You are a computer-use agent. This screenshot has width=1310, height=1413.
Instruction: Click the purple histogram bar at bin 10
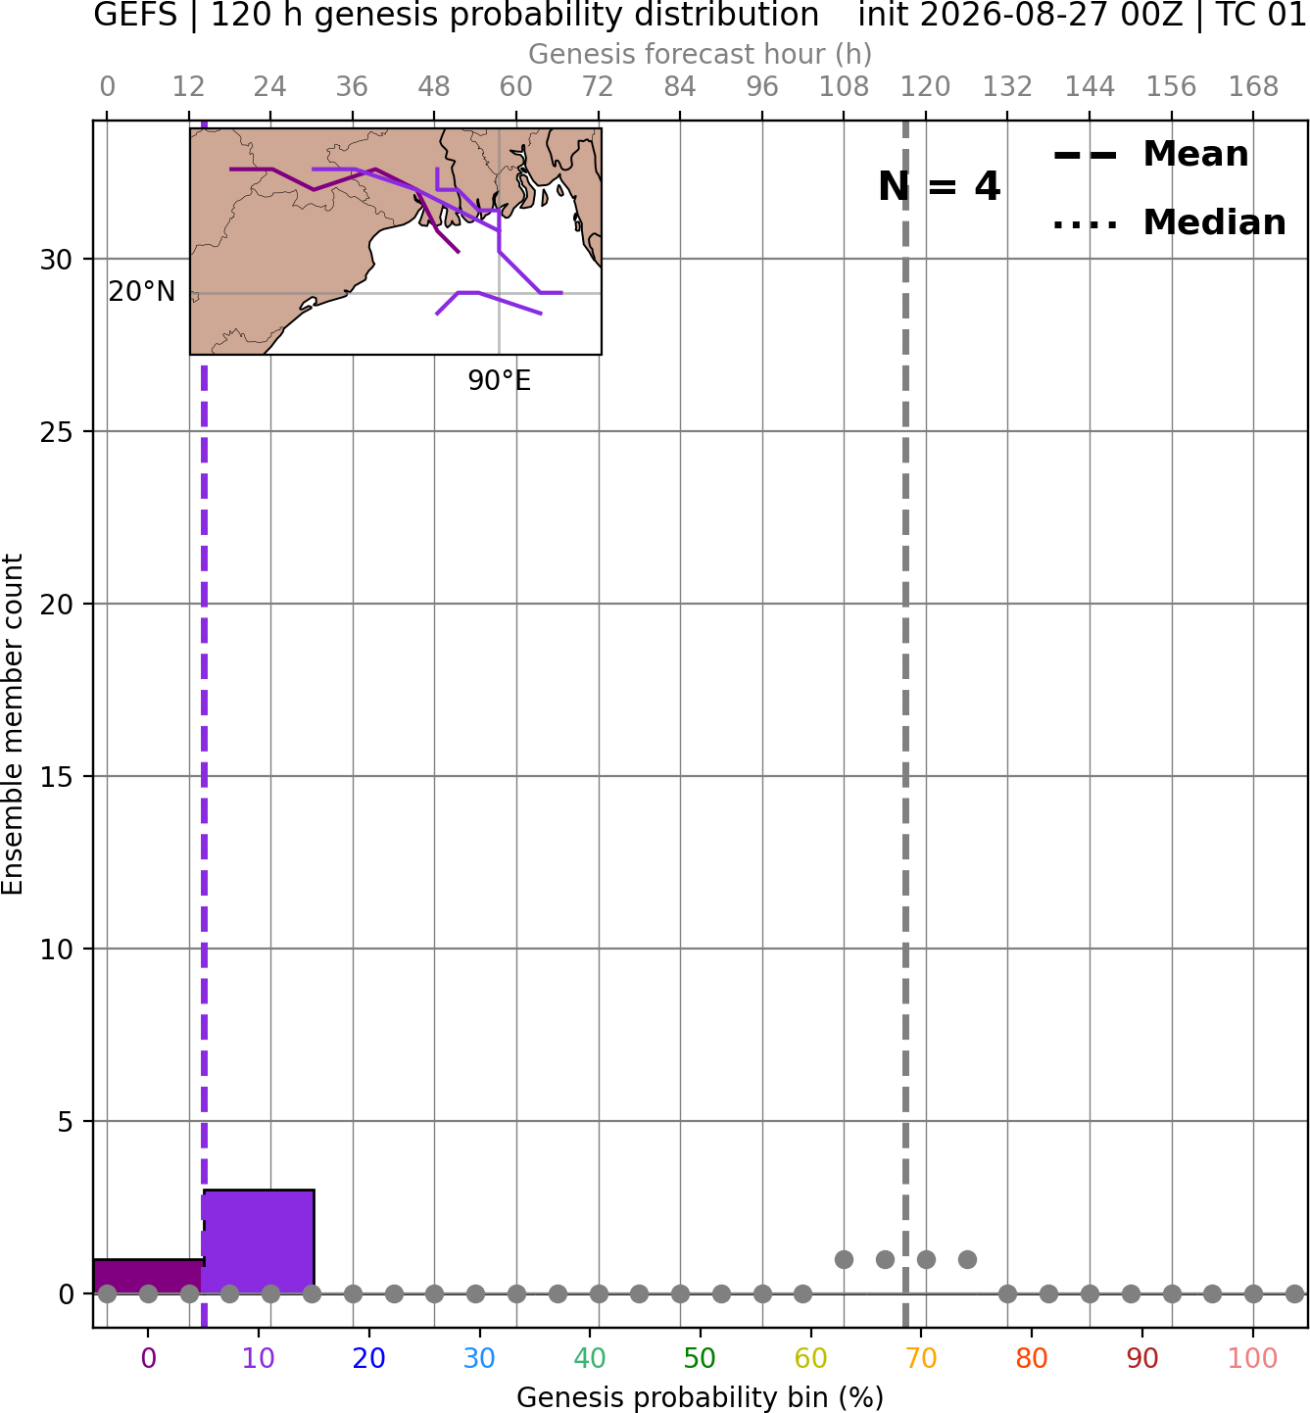[259, 1242]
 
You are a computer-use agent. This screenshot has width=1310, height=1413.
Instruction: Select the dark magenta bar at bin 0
[148, 1277]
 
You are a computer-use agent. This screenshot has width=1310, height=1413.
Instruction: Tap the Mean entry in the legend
[1150, 155]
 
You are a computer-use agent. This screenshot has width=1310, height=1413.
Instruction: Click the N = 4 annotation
[940, 187]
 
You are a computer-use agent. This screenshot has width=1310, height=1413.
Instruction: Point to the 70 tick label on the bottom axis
[921, 1358]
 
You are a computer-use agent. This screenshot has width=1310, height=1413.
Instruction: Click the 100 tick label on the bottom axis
[1252, 1358]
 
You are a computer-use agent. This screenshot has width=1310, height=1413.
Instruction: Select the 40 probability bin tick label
[589, 1358]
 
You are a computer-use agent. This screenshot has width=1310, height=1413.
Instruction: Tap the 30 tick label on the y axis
[56, 260]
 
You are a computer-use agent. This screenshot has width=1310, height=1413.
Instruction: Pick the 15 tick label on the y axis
[56, 777]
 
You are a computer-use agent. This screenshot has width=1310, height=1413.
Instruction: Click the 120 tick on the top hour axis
[925, 87]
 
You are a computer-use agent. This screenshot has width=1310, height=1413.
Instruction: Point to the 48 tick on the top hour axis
[434, 87]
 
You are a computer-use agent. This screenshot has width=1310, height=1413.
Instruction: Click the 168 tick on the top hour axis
[1253, 87]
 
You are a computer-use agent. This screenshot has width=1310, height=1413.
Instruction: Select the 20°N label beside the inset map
[142, 292]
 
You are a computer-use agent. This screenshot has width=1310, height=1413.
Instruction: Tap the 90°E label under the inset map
[499, 381]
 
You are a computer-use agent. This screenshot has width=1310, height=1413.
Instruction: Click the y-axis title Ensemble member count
[13, 724]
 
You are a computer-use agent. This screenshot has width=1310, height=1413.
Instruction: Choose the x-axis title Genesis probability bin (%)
[701, 1397]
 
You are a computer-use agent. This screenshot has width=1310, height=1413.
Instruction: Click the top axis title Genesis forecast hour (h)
[701, 54]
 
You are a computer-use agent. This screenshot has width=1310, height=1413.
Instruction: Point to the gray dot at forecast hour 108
[844, 1259]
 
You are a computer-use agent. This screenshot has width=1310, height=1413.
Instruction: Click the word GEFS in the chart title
[135, 15]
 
